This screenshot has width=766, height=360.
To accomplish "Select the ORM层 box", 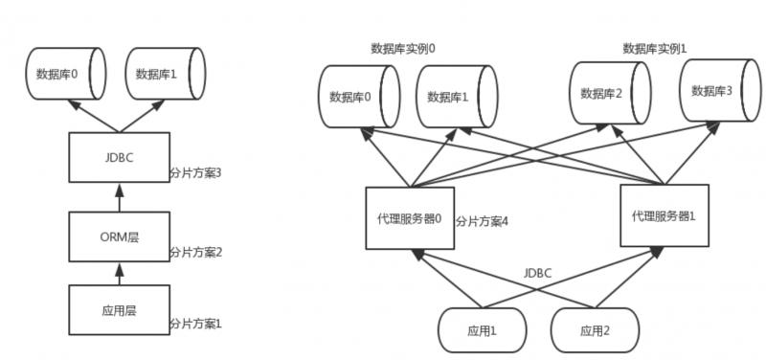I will tap(119, 236).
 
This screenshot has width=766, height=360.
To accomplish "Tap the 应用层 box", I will tap(119, 309).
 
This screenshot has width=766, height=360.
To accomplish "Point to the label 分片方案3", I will tap(195, 172).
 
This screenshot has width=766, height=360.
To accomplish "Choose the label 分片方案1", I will tap(195, 324).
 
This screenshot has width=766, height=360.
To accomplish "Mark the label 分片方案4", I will tap(483, 221).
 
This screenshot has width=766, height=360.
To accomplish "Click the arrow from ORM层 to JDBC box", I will tap(119, 197).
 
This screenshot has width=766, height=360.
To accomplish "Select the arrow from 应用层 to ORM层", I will tap(119, 273).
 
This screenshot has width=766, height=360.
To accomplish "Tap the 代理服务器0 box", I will tap(410, 216).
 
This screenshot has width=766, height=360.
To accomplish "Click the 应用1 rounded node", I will tap(482, 330).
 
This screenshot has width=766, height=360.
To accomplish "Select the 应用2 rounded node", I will tap(594, 330).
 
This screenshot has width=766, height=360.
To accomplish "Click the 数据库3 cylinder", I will tap(712, 90).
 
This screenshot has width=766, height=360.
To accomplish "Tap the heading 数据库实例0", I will tap(402, 48).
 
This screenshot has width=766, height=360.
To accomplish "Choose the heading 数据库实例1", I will tap(654, 48).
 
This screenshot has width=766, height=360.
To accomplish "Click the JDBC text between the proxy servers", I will tap(537, 272).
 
